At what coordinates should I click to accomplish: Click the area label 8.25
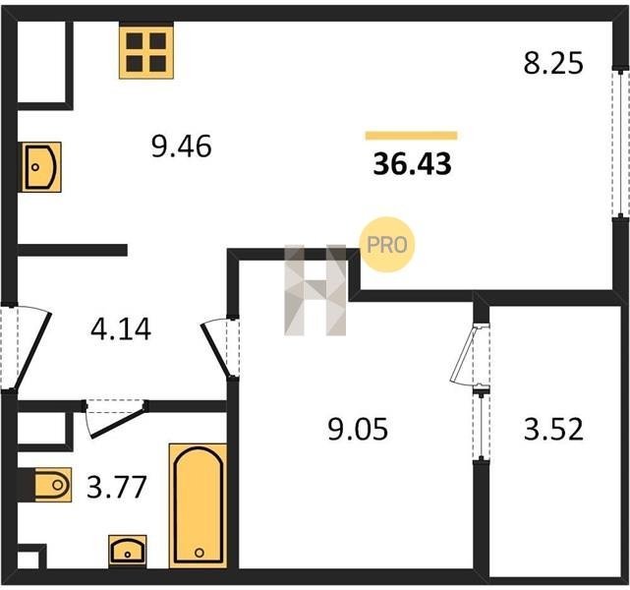point(553,64)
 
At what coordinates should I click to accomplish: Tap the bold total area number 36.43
point(412,164)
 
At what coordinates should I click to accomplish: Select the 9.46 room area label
point(181,147)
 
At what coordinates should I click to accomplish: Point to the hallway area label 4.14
point(121,329)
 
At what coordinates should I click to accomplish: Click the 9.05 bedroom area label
point(358,429)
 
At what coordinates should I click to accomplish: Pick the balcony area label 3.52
point(553,429)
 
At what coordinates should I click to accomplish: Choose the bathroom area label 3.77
point(117,487)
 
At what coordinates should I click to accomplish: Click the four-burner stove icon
point(146,50)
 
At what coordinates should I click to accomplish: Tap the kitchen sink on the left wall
point(41,167)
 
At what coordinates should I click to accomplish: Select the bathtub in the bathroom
point(199,505)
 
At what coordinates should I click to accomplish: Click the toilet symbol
point(52,485)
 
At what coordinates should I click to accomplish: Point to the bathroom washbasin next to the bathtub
point(128,551)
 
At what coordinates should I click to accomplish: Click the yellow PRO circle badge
point(386,245)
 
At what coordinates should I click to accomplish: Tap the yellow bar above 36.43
point(411,136)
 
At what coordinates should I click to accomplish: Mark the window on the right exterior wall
point(621,144)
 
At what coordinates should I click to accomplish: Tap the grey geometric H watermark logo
point(315,290)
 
